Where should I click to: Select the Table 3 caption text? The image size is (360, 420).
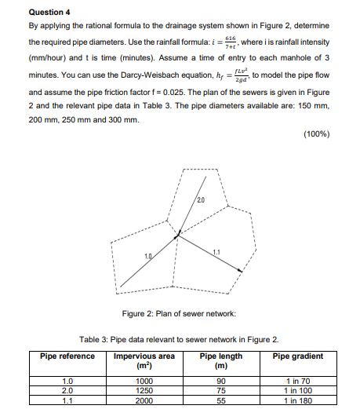pos(179,340)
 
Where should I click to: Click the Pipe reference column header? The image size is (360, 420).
pos(67,356)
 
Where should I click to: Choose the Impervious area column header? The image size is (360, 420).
pos(144,360)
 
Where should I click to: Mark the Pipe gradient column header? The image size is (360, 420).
pos(297,356)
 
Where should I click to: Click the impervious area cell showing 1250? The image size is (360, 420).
pos(144,390)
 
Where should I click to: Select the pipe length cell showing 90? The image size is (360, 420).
pos(221,382)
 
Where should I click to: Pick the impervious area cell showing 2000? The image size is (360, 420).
pos(144,399)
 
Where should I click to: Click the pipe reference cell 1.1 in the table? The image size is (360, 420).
pos(67,399)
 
